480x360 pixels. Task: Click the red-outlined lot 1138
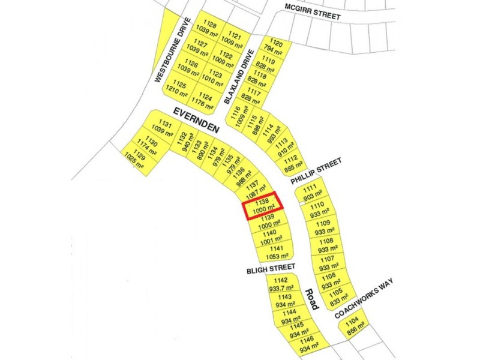pyautogui.click(x=262, y=206)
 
